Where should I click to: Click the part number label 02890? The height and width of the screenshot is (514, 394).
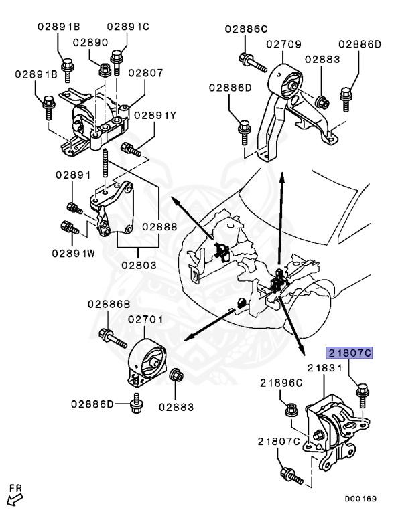point(90,41)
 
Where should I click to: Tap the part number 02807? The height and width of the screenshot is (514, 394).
point(145,72)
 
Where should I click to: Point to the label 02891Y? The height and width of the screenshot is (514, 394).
point(155,115)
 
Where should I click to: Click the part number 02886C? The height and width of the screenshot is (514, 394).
point(246,29)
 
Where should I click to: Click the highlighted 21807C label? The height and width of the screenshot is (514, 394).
point(348,351)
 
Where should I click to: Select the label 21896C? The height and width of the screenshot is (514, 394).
point(282,382)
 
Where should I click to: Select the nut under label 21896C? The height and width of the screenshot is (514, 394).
point(291,407)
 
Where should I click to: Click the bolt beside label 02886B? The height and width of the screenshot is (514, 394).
point(113,337)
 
